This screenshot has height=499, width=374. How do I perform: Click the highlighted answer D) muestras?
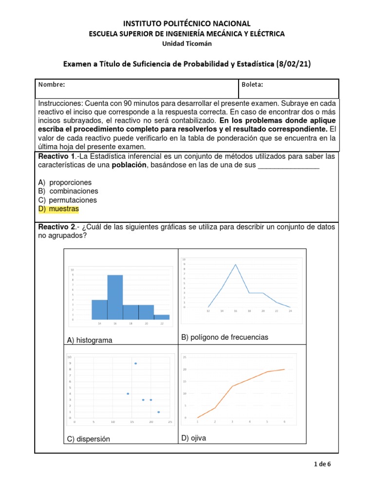click(x=58, y=209)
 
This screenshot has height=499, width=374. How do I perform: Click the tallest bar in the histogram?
click(x=115, y=297)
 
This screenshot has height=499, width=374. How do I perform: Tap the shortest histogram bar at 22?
click(x=162, y=317)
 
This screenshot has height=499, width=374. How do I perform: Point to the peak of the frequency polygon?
click(x=236, y=265)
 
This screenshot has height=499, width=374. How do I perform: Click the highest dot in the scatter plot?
click(x=135, y=364)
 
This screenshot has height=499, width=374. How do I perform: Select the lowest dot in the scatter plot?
click(x=158, y=412)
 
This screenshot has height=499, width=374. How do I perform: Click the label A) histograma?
click(x=90, y=340)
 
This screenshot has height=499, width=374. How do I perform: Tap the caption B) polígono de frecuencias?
click(x=224, y=337)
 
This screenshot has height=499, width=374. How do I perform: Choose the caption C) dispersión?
click(x=89, y=439)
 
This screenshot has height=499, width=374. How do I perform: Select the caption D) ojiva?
click(x=194, y=438)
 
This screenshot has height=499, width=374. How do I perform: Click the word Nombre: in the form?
click(x=52, y=84)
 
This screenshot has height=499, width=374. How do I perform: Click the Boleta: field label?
click(x=252, y=84)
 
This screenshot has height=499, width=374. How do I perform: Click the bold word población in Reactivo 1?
click(x=130, y=165)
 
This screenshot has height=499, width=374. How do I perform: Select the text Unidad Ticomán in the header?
click(x=187, y=43)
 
